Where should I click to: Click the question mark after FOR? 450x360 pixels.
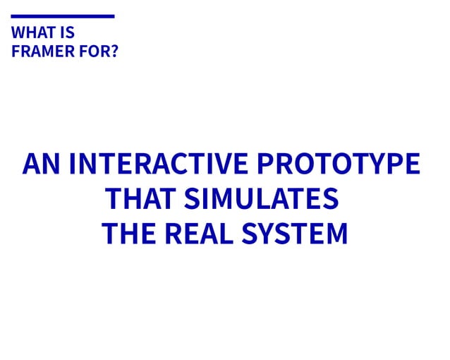click(x=112, y=52)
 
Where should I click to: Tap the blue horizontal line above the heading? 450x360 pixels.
click(x=63, y=16)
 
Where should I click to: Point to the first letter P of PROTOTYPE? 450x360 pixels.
click(x=264, y=164)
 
